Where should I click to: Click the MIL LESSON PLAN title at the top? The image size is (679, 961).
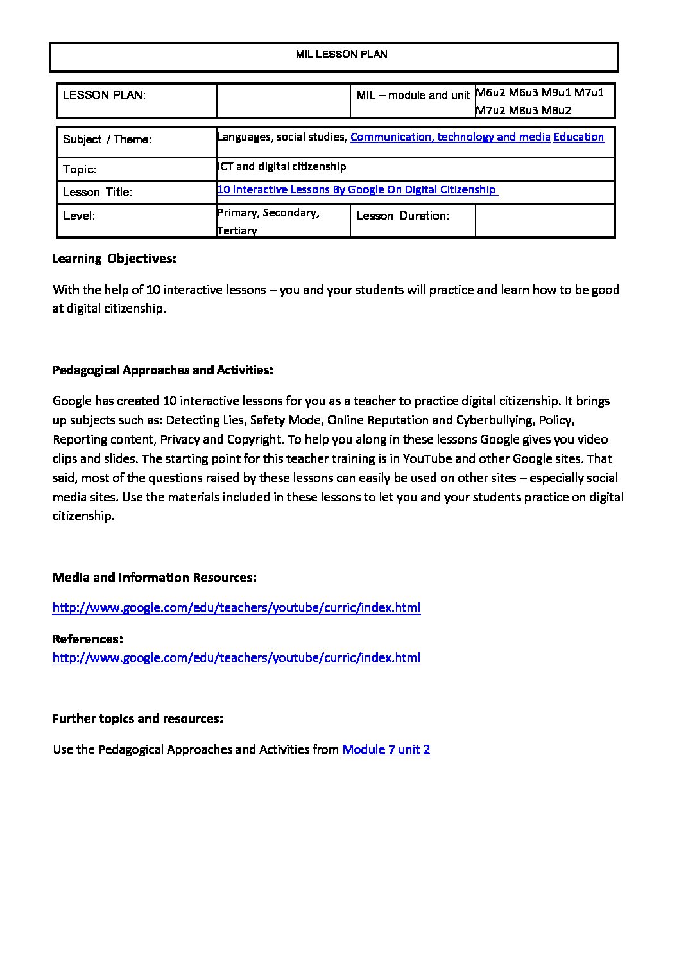click(341, 55)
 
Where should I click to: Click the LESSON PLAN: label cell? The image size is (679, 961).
click(104, 95)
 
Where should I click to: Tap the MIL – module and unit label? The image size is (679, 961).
click(413, 95)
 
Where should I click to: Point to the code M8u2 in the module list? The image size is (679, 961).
click(556, 110)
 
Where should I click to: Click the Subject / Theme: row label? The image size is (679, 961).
click(107, 139)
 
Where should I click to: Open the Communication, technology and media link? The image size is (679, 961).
click(450, 137)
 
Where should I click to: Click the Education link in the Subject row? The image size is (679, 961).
click(578, 137)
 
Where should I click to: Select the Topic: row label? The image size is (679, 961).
click(80, 170)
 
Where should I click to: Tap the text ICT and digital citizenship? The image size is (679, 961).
click(282, 166)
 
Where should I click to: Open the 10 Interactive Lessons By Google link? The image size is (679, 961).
click(357, 189)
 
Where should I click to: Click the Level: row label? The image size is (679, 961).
click(79, 216)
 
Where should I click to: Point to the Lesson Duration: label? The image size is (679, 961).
click(402, 216)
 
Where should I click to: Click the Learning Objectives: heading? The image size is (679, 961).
click(114, 259)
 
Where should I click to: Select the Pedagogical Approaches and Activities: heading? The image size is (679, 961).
click(163, 370)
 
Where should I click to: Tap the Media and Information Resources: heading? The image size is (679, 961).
click(154, 577)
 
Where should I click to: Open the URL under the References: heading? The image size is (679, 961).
click(236, 657)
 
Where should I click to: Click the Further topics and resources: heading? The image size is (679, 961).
click(137, 718)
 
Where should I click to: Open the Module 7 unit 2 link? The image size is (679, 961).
click(386, 749)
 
